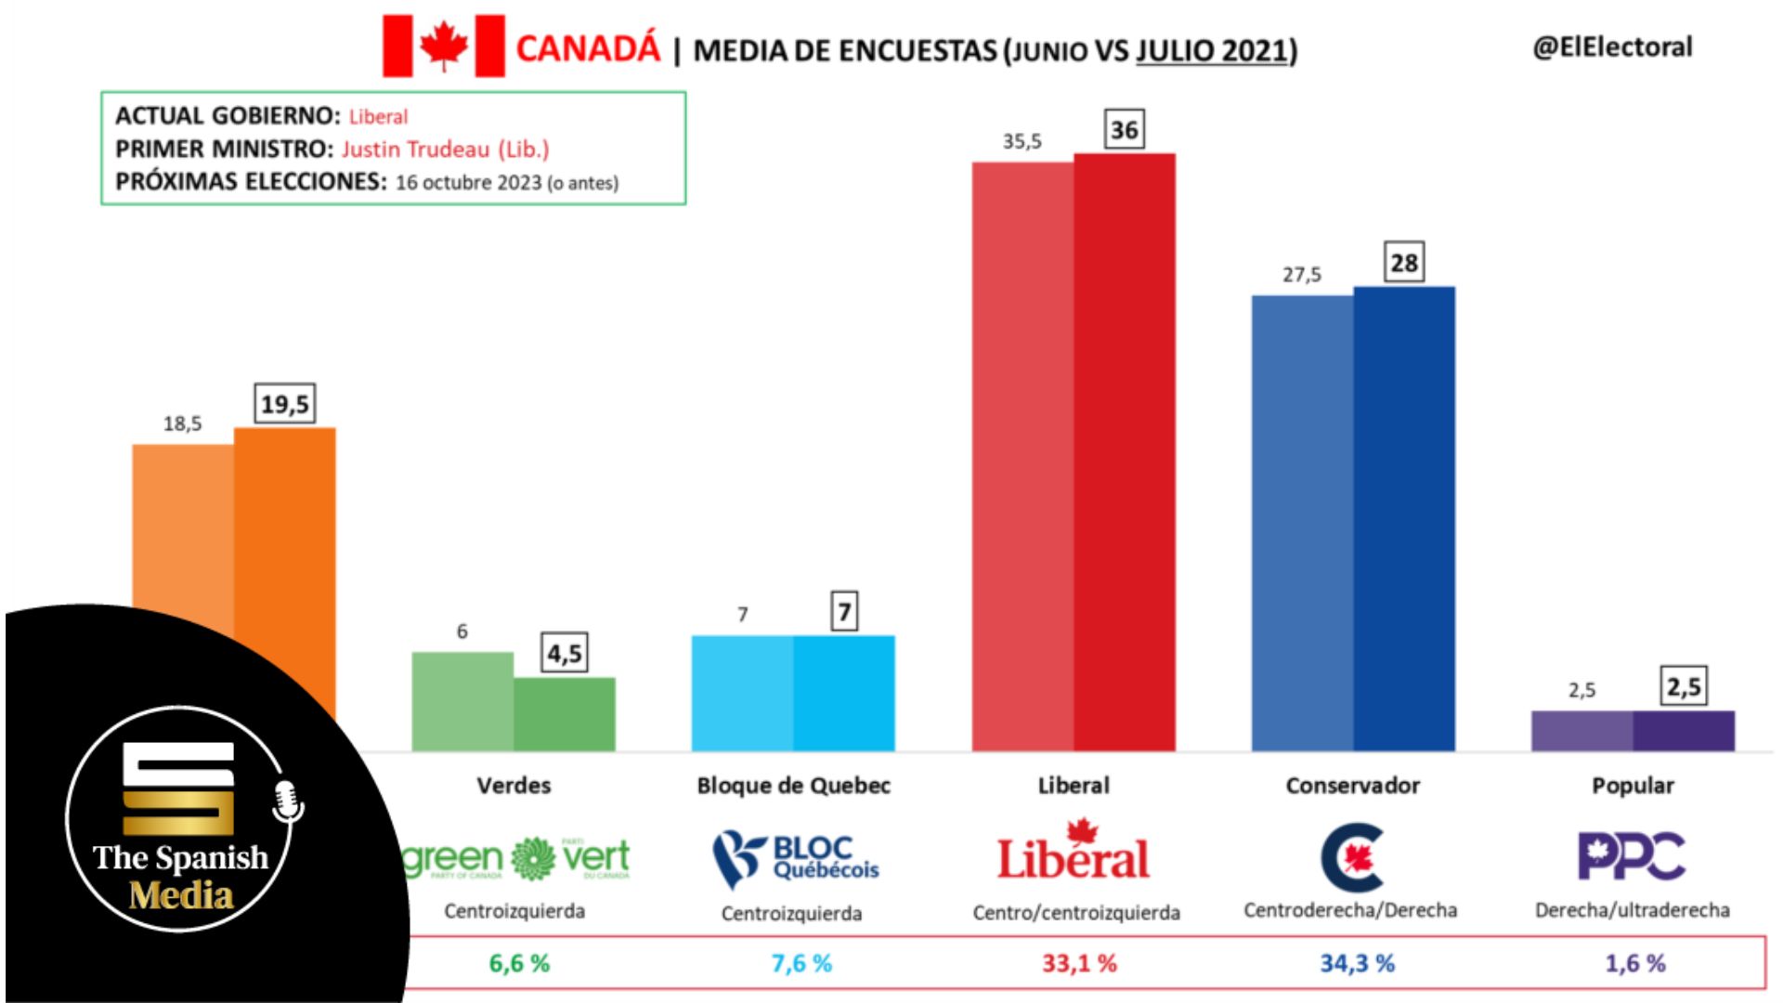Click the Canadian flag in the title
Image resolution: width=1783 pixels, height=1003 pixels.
coord(444,46)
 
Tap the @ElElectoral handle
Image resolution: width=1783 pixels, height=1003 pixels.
coord(1612,47)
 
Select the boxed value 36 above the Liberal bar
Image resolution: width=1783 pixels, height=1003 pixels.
coord(1124,130)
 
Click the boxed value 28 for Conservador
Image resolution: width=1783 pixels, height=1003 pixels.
coord(1404,263)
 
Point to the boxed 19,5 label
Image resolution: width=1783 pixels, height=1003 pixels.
coord(284,404)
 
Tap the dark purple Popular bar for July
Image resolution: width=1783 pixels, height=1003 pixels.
coord(1684,731)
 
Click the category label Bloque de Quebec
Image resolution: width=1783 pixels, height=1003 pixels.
coord(793,786)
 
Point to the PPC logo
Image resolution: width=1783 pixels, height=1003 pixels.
coord(1632,855)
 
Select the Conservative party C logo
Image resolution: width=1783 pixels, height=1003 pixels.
coord(1352,856)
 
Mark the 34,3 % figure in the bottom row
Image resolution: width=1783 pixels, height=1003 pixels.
coord(1357,963)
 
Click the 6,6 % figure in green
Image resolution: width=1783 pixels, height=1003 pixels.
coord(519,963)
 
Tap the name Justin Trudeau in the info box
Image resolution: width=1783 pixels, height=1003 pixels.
coord(415,150)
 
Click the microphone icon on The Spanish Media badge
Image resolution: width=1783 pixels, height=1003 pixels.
coord(287,801)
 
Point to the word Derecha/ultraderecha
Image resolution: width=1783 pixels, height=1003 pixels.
coord(1632,910)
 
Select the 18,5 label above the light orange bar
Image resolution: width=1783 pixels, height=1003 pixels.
coord(182,424)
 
